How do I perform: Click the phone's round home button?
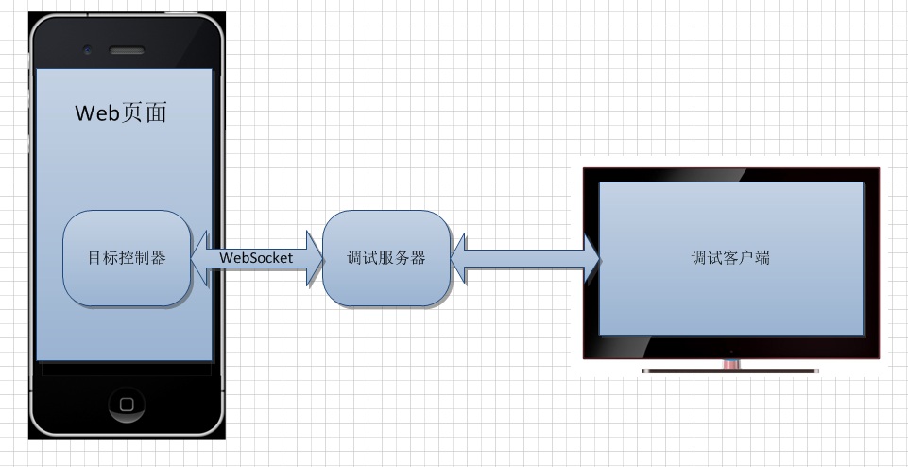pyautogui.click(x=127, y=404)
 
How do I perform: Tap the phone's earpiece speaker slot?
pyautogui.click(x=126, y=49)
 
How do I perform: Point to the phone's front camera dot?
pyautogui.click(x=87, y=49)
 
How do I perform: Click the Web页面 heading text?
pyautogui.click(x=121, y=113)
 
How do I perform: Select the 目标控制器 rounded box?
pyautogui.click(x=127, y=258)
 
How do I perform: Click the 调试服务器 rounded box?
pyautogui.click(x=385, y=258)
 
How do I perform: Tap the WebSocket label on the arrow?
pyautogui.click(x=256, y=257)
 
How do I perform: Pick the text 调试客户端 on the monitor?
pyautogui.click(x=730, y=257)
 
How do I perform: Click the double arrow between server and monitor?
pyautogui.click(x=525, y=256)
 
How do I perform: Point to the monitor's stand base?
pyautogui.click(x=729, y=371)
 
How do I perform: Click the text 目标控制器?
pyautogui.click(x=127, y=258)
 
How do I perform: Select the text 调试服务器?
pyautogui.click(x=385, y=258)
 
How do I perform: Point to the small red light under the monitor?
pyautogui.click(x=729, y=363)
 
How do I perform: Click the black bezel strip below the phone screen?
pyautogui.click(x=127, y=370)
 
